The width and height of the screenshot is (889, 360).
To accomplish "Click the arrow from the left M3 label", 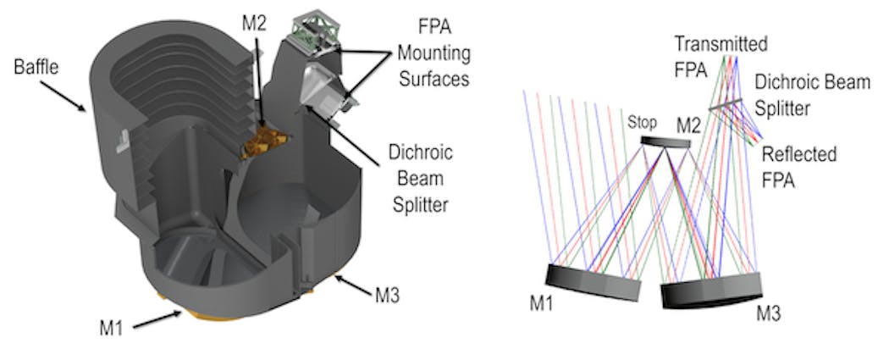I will [x=347, y=285].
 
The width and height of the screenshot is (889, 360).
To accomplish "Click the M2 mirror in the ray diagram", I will [x=665, y=143].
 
